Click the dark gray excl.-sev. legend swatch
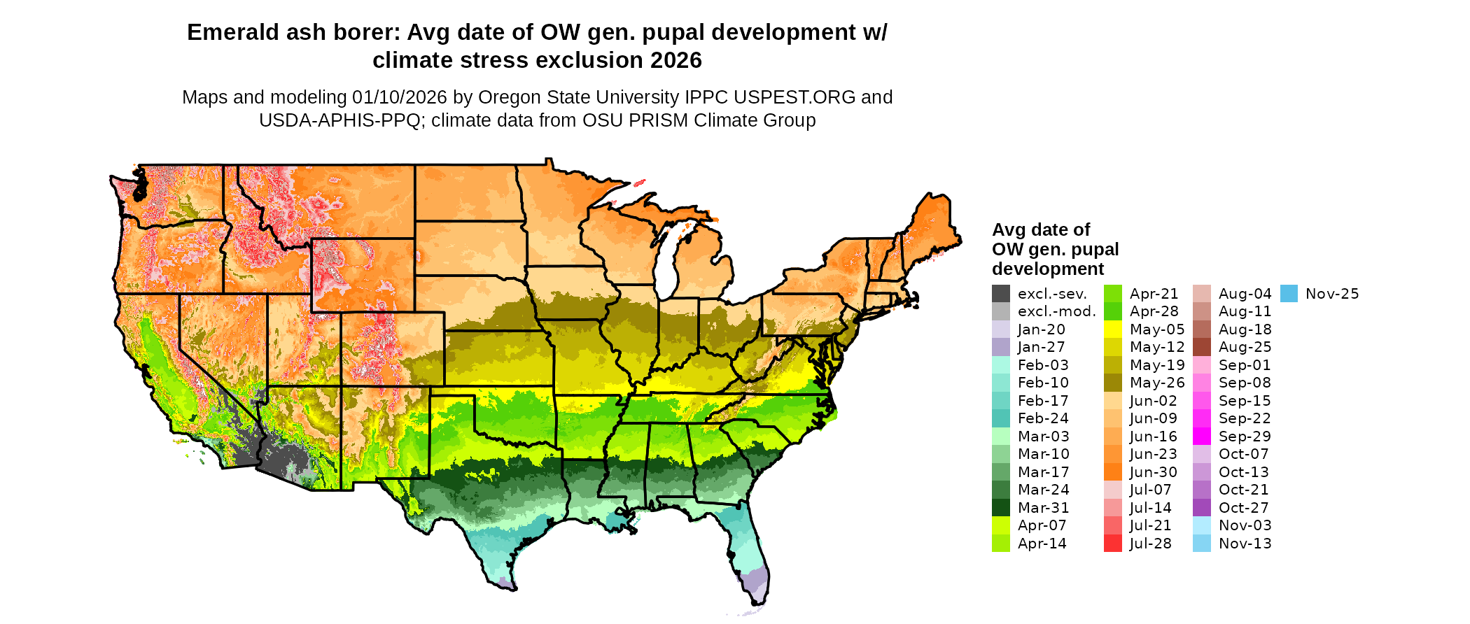click(x=1001, y=294)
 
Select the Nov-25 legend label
click(x=1332, y=294)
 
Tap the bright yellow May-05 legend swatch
click(x=1113, y=329)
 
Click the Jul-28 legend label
click(x=1150, y=544)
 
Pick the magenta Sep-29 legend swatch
click(x=1202, y=437)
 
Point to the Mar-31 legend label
click(x=1043, y=508)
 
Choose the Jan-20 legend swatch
click(x=1001, y=329)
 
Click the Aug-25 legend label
click(x=1245, y=347)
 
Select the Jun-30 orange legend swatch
click(x=1113, y=472)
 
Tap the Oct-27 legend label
click(x=1243, y=508)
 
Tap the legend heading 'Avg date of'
click(x=1041, y=230)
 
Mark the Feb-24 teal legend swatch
click(x=1001, y=418)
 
